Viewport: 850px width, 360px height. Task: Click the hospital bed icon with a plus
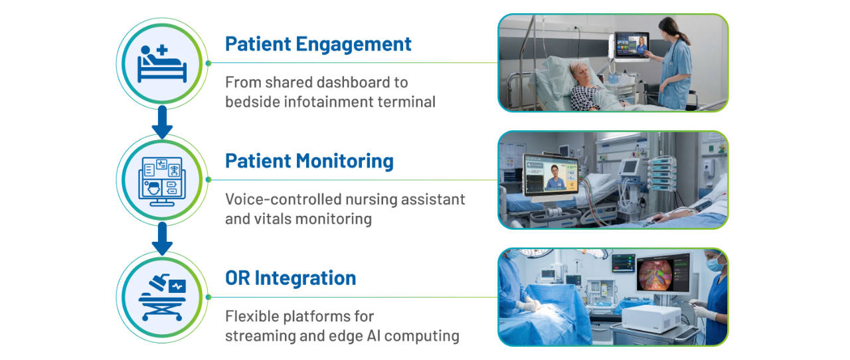tap(162, 63)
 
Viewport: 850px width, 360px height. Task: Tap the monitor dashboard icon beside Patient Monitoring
tap(162, 181)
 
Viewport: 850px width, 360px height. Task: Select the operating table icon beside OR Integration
tap(162, 298)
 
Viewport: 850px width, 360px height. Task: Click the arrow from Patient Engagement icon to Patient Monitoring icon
tap(162, 122)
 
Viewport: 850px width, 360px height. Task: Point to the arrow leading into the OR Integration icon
tap(162, 238)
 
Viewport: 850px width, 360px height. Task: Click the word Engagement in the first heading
tap(353, 45)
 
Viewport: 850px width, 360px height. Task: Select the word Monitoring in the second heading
tap(345, 161)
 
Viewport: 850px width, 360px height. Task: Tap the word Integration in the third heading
tap(305, 278)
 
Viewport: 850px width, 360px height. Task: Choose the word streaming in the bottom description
tap(260, 336)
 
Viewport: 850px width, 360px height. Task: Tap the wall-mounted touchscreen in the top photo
tap(632, 46)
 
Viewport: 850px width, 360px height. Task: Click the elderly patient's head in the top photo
tap(580, 73)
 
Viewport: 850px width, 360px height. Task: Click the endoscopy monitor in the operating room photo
tap(663, 272)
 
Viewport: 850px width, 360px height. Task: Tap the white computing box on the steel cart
tap(652, 318)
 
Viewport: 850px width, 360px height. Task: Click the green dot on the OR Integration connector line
tap(209, 297)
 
